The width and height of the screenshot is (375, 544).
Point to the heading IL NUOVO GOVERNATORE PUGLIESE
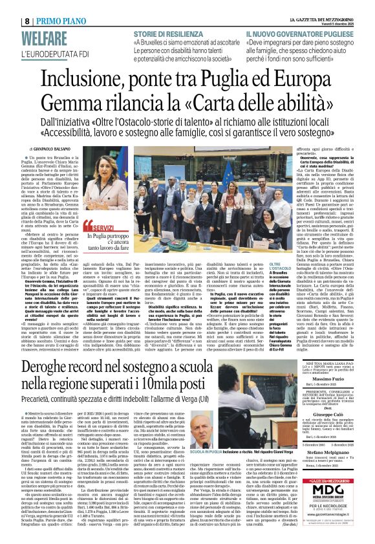click(298, 32)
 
